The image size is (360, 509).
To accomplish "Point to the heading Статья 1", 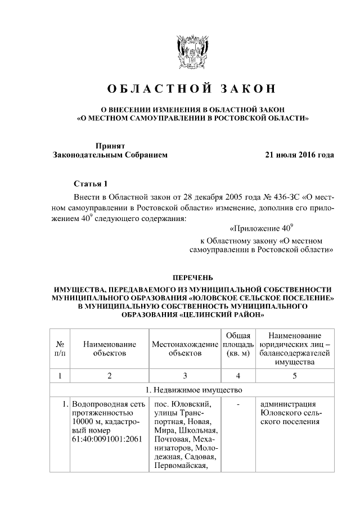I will [x=89, y=184].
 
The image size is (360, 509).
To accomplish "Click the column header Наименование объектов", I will [x=110, y=348].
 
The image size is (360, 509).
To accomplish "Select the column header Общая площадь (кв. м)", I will [x=238, y=344].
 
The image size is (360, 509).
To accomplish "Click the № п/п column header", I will [x=60, y=348].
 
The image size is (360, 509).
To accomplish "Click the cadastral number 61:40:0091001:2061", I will [x=105, y=439].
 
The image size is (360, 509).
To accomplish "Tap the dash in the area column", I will [x=238, y=404].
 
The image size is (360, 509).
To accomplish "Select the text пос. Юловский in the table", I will [x=178, y=404].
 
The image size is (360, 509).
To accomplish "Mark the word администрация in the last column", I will [x=288, y=404].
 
